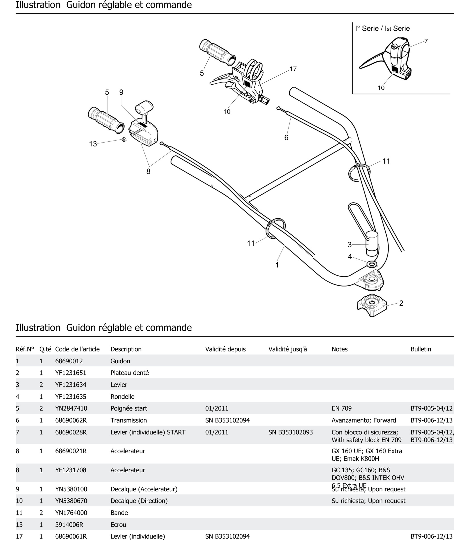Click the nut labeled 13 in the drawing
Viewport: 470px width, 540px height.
coord(124,139)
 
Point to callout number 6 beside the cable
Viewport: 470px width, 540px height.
coord(286,138)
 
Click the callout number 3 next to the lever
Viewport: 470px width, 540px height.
coord(349,245)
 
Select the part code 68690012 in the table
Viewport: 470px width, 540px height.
coord(69,361)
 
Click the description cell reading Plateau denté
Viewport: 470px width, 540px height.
coord(130,373)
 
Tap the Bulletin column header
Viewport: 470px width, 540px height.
coord(421,349)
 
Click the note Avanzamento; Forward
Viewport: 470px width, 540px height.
coord(364,420)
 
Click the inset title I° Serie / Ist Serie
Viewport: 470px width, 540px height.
coord(382,28)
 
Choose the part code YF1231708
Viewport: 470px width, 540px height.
coord(71,470)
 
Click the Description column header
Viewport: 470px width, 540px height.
coord(126,349)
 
